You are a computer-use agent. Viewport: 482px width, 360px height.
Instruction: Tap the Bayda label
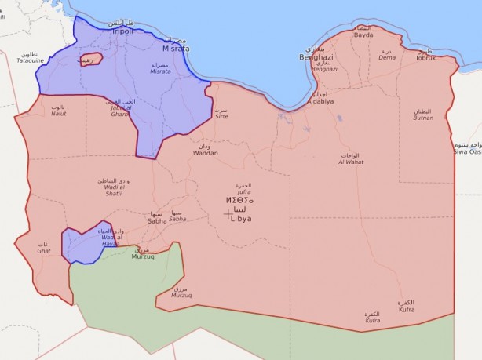(x=363, y=35)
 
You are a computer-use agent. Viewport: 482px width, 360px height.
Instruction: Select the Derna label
(x=387, y=56)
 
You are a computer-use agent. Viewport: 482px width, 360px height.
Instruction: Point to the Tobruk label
(x=425, y=57)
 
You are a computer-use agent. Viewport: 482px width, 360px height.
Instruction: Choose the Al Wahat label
(x=349, y=161)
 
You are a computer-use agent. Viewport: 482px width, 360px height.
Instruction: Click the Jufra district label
(x=243, y=190)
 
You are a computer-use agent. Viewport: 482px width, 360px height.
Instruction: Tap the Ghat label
(x=43, y=249)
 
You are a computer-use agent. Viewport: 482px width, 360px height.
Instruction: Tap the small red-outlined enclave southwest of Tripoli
(x=90, y=60)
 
